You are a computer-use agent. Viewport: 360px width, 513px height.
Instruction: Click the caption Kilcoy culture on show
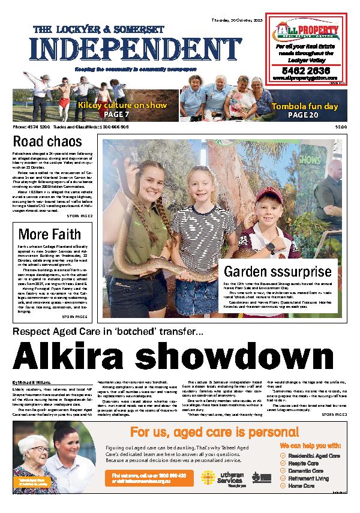click(x=122, y=105)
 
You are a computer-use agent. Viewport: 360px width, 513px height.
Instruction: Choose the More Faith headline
click(x=49, y=234)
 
